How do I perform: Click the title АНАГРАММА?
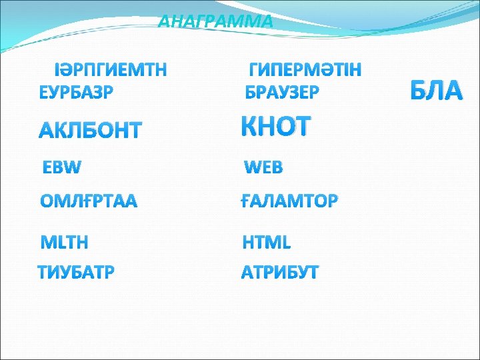coord(215,21)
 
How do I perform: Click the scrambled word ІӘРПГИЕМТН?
coord(111,69)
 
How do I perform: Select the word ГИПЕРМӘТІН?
coord(305,70)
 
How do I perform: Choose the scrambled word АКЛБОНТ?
coord(90,130)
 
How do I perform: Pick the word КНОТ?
coord(275,125)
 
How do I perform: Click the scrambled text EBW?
coord(62,167)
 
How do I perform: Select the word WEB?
coord(263,167)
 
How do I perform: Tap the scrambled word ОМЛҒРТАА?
coord(89,201)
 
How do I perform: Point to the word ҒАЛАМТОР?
coord(289,201)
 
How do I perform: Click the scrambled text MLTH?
coord(65,241)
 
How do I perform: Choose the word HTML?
coord(266,242)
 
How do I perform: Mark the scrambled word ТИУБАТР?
coord(76,273)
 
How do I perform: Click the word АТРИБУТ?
coord(280,273)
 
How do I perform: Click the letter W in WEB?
coord(251,167)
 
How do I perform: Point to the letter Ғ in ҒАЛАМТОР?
coord(245,201)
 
